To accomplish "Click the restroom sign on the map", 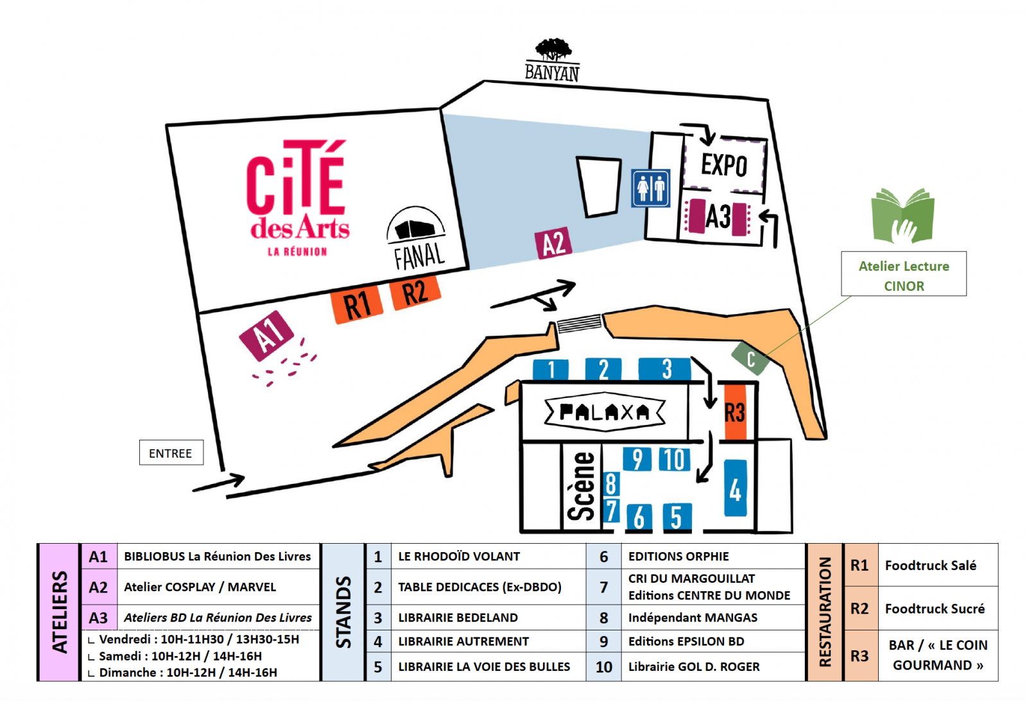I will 650,188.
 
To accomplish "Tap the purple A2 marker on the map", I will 553,244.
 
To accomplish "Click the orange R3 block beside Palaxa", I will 735,412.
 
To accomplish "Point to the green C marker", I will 750,358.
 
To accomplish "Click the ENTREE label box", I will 171,453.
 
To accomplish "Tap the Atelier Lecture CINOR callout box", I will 903,274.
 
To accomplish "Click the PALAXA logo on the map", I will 605,412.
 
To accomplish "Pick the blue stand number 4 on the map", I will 735,489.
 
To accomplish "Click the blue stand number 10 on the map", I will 675,460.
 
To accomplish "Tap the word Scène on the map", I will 582,486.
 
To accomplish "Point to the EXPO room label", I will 724,165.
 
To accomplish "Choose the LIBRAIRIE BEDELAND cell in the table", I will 458,618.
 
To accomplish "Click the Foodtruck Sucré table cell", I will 935,609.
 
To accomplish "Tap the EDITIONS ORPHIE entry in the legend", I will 678,557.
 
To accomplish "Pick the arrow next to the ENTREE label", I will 220,483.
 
